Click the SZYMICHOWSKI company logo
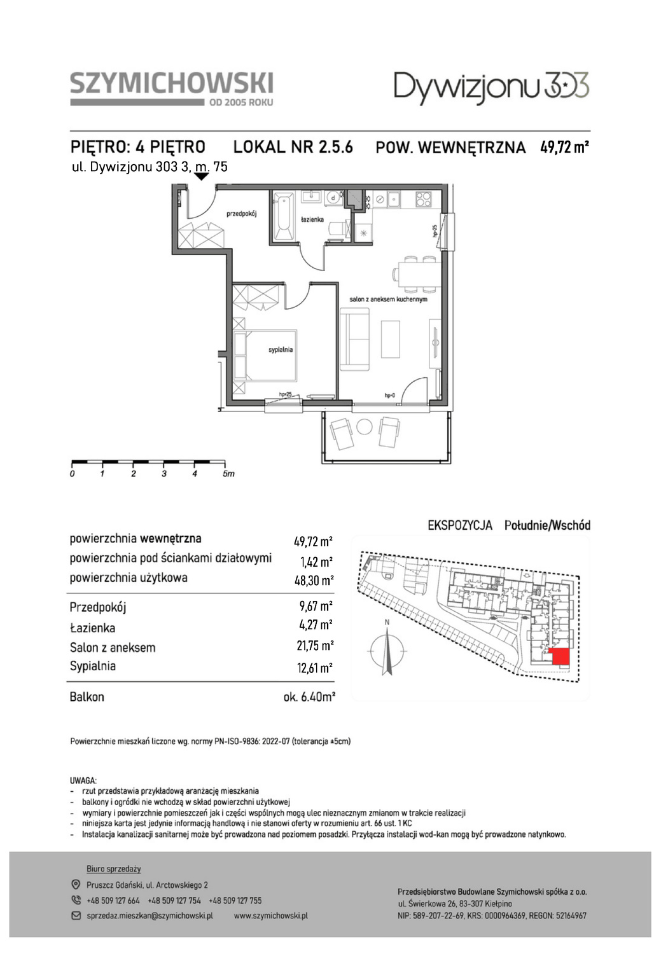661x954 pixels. pyautogui.click(x=172, y=89)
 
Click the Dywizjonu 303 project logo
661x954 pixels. pyautogui.click(x=492, y=88)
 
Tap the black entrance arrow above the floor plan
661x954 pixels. pyautogui.click(x=201, y=176)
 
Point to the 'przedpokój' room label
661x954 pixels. pyautogui.click(x=242, y=214)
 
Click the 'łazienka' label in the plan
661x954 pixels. pyautogui.click(x=312, y=220)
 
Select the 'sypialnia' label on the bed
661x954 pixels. pyautogui.click(x=281, y=350)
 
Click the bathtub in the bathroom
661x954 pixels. pyautogui.click(x=283, y=216)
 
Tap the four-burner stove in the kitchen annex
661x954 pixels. pyautogui.click(x=424, y=198)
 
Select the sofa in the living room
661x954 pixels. pyautogui.click(x=354, y=340)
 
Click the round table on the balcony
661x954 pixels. pyautogui.click(x=364, y=426)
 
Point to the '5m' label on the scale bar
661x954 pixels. pyautogui.click(x=228, y=474)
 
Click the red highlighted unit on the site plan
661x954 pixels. pyautogui.click(x=559, y=656)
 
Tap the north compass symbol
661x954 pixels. pyautogui.click(x=387, y=649)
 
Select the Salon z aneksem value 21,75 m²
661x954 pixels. pyautogui.click(x=315, y=646)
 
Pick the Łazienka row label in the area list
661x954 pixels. pyautogui.click(x=92, y=628)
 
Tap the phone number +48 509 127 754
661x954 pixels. pyautogui.click(x=174, y=901)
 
